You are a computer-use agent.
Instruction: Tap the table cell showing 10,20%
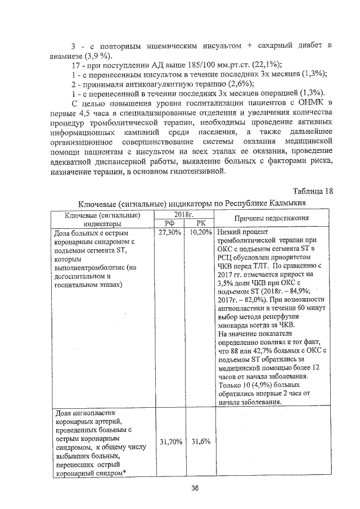(200, 232)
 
